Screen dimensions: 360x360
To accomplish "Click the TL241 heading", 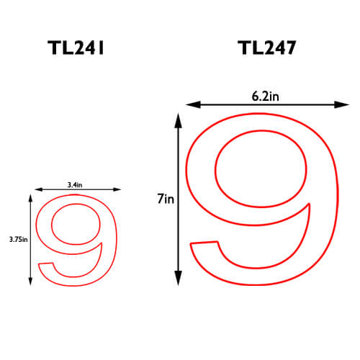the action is tap(76, 48).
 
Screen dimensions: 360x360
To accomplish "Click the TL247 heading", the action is tap(266, 48).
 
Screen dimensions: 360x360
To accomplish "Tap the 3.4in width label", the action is tap(75, 185).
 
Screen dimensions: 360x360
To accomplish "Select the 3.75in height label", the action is tap(18, 239).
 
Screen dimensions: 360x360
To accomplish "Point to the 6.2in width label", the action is tap(265, 96).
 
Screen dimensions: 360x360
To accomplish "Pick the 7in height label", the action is tap(166, 199).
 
